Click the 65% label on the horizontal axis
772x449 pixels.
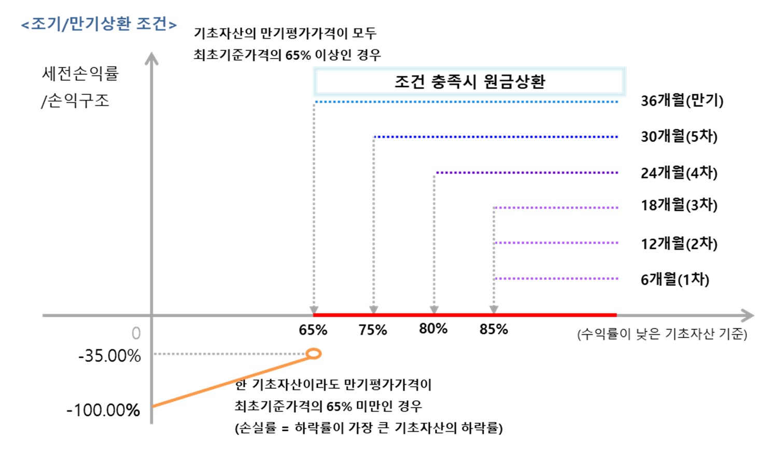[x=313, y=330]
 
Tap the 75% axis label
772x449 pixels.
[x=373, y=330]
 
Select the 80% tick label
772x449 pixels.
[x=433, y=329]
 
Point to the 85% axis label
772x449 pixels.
[x=494, y=329]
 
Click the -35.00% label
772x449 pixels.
[x=109, y=356]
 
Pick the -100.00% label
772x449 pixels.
[x=103, y=410]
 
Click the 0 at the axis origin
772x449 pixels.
[x=136, y=333]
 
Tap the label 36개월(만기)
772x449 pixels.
[x=682, y=101]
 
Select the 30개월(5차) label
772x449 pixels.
[x=679, y=136]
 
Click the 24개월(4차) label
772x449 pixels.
[x=679, y=173]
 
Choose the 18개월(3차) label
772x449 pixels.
[x=679, y=205]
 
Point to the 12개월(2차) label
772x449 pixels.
[x=679, y=243]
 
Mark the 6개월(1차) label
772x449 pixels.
[x=675, y=279]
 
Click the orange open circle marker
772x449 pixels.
[x=314, y=354]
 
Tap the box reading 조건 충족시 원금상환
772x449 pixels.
[x=469, y=81]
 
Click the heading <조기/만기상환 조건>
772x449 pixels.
[x=99, y=24]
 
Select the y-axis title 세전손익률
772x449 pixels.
[x=80, y=74]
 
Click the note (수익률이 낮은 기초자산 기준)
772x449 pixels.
[x=662, y=334]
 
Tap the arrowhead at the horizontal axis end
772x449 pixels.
[x=748, y=315]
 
